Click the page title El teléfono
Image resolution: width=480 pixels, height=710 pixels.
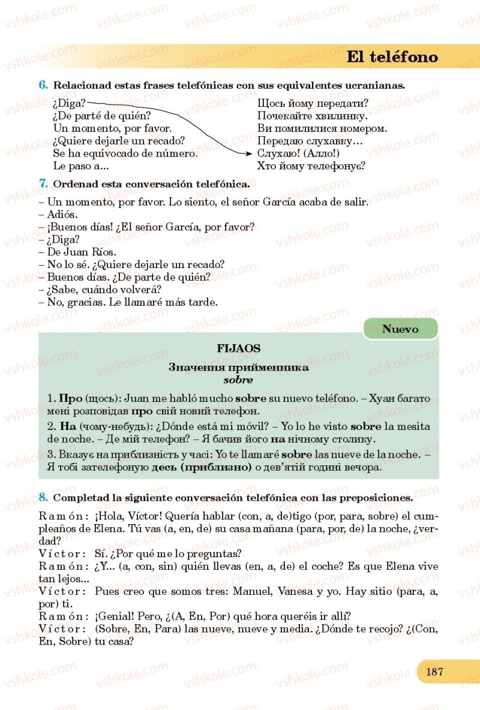[x=392, y=57]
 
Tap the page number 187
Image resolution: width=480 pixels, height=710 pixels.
[x=434, y=671]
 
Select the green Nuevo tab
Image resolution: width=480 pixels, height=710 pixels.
[x=400, y=329]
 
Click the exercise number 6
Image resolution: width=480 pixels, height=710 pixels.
[x=43, y=85]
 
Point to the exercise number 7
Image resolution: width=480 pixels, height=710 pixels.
[x=43, y=183]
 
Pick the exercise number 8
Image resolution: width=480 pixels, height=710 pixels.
[x=43, y=497]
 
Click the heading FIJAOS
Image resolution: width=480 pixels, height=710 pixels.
[x=238, y=348]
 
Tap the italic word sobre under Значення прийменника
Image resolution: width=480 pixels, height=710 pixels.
[x=238, y=380]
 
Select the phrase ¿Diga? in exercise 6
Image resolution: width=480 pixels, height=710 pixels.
[x=69, y=103]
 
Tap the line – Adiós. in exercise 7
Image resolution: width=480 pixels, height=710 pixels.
[x=62, y=214]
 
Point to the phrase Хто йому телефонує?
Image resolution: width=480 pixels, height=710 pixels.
[x=311, y=166]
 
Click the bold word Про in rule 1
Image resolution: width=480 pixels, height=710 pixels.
[x=66, y=398]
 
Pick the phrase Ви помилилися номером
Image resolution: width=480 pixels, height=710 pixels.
[x=322, y=128]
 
